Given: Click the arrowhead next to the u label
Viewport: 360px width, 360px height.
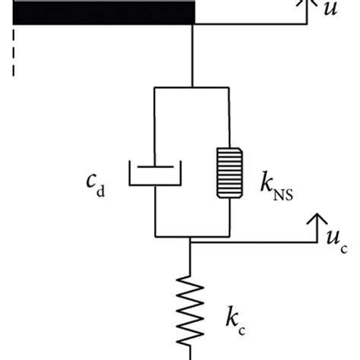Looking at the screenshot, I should click(308, 5).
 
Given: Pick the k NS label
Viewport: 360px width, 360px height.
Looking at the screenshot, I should click(270, 184).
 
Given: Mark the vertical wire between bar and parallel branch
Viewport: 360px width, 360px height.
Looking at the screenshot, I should click(194, 56).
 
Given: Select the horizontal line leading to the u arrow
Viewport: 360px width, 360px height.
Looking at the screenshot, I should click(251, 25).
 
